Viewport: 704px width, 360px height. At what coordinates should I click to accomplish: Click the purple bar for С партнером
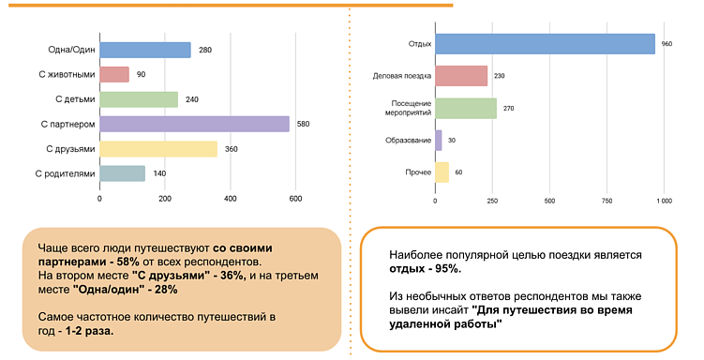point(194,124)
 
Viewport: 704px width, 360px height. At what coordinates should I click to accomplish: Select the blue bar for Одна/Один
point(145,50)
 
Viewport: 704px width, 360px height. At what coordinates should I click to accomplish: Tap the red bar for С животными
point(114,74)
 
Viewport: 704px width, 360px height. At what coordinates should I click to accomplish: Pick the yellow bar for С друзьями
point(158,148)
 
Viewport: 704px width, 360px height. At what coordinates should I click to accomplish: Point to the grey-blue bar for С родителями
point(123,172)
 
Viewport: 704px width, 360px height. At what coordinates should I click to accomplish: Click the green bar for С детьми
point(139,98)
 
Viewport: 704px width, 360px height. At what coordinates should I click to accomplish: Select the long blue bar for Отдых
point(545,44)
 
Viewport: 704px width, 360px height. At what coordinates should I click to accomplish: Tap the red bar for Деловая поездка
point(461,76)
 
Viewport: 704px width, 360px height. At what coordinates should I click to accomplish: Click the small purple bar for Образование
point(439,141)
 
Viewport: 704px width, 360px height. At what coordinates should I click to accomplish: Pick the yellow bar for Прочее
point(442,172)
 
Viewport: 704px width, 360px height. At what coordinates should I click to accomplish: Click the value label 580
point(303,124)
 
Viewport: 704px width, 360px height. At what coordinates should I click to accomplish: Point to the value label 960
point(667,44)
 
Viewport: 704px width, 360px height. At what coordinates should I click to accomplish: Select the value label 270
point(508,109)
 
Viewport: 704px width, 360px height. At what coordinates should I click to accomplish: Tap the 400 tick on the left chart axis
point(231,198)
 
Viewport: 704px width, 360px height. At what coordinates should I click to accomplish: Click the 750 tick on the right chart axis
point(607,201)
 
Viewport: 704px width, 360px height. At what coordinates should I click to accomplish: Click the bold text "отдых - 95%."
point(425,269)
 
